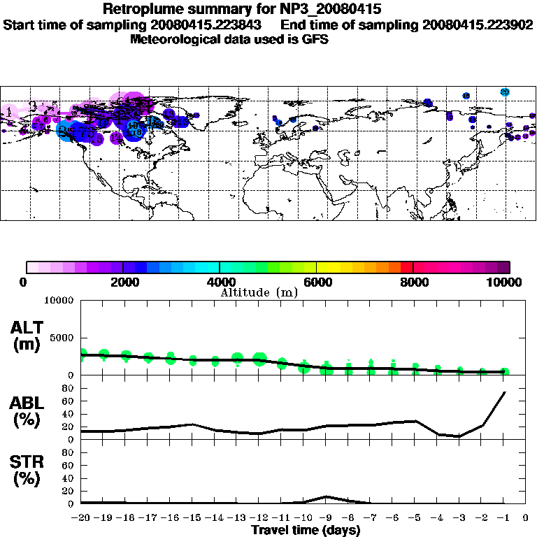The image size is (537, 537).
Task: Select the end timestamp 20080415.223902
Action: pos(478,24)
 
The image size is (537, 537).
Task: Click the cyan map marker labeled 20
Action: pos(505,92)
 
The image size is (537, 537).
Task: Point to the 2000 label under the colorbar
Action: pos(123,282)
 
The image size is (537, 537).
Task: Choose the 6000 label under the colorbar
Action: pos(317,282)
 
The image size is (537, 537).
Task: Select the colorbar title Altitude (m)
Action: pos(259,292)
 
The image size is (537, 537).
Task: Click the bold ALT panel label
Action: pos(27,327)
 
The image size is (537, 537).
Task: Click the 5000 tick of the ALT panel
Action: pos(64,337)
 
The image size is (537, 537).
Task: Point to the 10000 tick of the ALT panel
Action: pos(61,301)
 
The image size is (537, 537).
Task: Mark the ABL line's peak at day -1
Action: pos(504,392)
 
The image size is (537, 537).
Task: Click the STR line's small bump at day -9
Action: pos(326,497)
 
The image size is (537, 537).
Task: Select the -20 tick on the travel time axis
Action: pos(81,518)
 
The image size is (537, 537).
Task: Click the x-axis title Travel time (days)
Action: pos(306,530)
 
